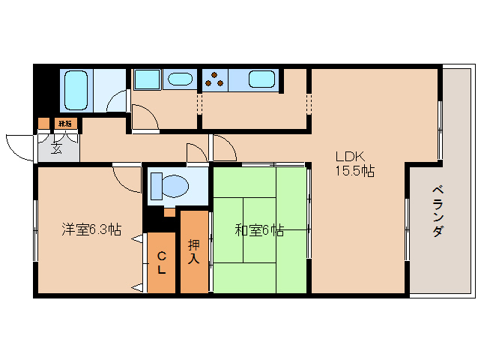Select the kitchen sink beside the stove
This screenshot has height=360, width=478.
[261, 79]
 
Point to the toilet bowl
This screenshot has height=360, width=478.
[170, 184]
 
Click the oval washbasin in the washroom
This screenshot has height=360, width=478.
[179, 79]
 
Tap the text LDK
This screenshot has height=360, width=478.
[349, 157]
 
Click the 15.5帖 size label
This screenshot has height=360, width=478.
[354, 171]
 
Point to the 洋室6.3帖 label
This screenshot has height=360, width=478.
[91, 229]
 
